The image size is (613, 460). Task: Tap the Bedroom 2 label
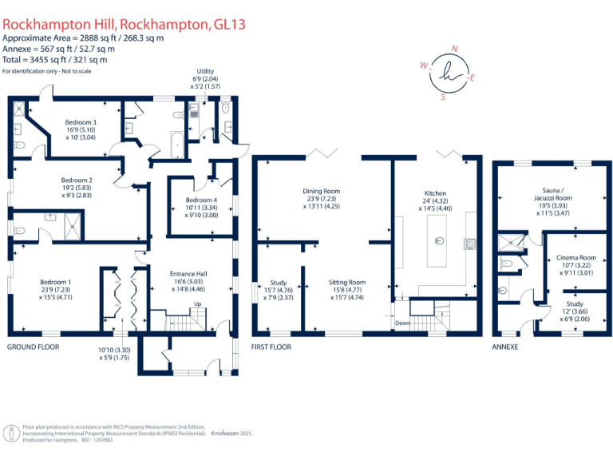[79, 180]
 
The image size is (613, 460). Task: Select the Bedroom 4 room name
[201, 200]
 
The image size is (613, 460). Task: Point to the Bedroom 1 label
[57, 282]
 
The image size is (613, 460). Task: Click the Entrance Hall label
[189, 274]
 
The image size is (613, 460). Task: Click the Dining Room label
[322, 191]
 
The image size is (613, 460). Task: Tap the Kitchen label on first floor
[435, 193]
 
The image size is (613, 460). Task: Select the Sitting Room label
[346, 282]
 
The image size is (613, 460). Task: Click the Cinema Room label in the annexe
[575, 258]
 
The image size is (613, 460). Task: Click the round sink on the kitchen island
[439, 240]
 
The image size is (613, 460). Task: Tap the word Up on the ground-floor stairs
[197, 304]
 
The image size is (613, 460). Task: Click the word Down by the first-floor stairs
[404, 323]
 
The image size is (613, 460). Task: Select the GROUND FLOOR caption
[34, 347]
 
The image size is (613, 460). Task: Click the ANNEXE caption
[505, 347]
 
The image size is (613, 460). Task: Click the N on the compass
[454, 49]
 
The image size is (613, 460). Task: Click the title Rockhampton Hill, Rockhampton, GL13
[124, 25]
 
